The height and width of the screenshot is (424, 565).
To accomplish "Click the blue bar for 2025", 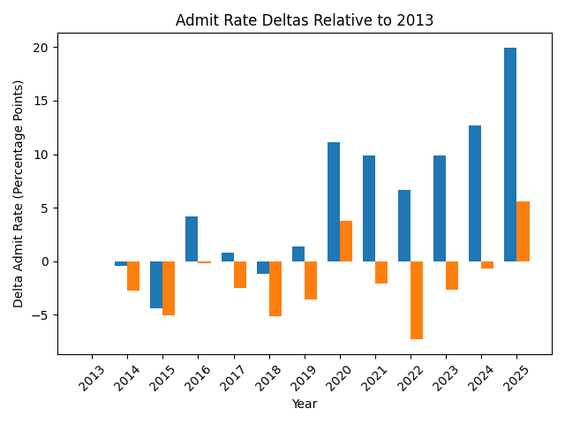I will (x=510, y=155).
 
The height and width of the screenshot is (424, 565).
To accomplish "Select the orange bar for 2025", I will (x=523, y=231).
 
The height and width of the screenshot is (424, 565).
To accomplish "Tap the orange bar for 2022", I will (x=417, y=300).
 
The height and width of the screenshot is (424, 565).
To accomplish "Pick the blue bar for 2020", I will (x=334, y=201).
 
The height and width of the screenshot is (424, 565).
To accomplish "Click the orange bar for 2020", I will (x=346, y=241).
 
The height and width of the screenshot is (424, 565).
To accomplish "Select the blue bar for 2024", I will (x=475, y=193).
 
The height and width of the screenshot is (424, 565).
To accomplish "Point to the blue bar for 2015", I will (x=156, y=284).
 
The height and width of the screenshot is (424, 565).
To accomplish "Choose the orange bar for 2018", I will (x=275, y=289).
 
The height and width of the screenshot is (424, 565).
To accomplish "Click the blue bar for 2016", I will (x=192, y=238).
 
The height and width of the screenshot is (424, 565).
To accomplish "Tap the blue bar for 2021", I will (x=369, y=208).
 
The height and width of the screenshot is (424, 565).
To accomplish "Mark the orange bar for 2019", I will (x=311, y=280).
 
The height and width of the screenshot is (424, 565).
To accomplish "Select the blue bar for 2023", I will (x=440, y=208).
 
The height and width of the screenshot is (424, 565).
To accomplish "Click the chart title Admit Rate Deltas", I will (x=305, y=20).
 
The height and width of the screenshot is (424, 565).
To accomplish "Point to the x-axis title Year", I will (x=305, y=404).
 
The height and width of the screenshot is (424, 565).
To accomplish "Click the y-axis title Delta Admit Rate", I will (x=19, y=193).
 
